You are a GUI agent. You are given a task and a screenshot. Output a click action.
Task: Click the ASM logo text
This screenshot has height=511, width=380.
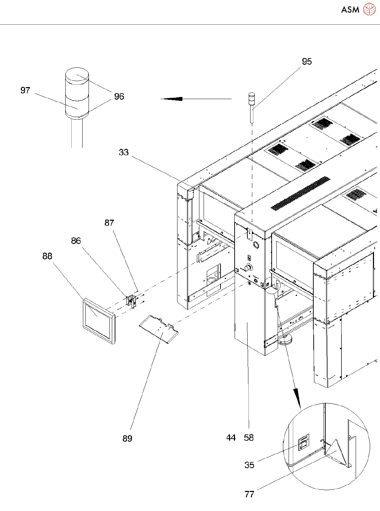(x=350, y=10)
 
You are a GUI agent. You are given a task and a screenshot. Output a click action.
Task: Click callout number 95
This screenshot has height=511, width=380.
(x=307, y=61)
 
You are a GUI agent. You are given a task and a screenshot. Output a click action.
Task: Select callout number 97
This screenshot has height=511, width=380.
(x=25, y=90)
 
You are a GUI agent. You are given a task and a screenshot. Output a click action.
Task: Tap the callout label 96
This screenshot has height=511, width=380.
(x=119, y=96)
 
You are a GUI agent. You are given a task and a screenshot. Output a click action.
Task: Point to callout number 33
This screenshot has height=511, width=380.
(x=123, y=152)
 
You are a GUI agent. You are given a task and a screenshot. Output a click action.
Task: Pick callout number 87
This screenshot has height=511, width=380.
(x=109, y=223)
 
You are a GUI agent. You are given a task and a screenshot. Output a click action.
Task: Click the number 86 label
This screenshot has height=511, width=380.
(x=76, y=241)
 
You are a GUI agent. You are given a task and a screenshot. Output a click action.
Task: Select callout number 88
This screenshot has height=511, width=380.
(x=47, y=256)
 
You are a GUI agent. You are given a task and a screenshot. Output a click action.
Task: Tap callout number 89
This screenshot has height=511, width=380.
(x=127, y=438)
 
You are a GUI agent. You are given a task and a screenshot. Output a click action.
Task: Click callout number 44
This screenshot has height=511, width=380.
(x=231, y=438)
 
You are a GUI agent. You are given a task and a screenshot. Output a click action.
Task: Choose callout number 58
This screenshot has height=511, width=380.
(x=248, y=438)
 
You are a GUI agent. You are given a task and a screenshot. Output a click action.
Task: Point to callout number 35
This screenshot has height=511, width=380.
(x=249, y=465)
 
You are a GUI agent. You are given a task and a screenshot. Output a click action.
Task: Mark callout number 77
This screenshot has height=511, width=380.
(x=249, y=494)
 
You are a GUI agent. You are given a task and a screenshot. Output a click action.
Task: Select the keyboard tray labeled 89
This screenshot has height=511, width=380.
(x=159, y=330)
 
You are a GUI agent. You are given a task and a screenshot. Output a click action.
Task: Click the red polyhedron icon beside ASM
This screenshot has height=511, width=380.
(x=369, y=10)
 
